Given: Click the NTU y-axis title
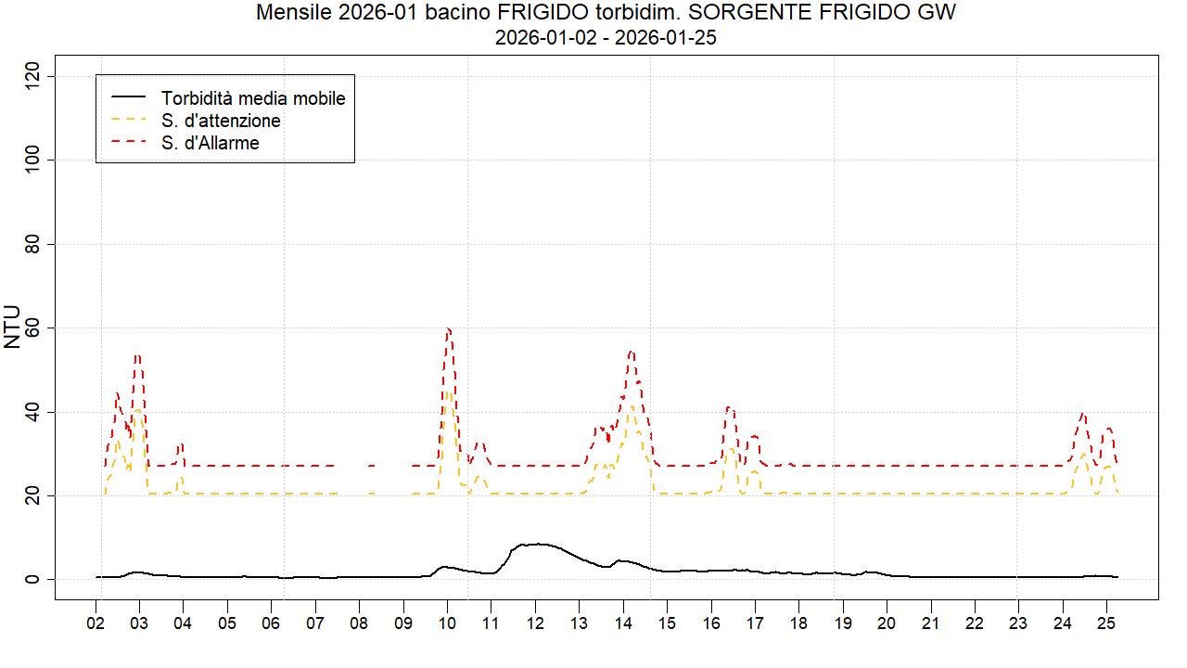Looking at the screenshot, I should [12, 327].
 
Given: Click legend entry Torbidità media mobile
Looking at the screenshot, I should [252, 97].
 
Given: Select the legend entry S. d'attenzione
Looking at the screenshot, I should [220, 121].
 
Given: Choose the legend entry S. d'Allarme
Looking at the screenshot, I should [210, 143].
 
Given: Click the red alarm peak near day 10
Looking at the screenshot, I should [448, 328].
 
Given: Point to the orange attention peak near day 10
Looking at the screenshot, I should [448, 392].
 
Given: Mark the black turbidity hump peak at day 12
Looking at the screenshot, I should [535, 544].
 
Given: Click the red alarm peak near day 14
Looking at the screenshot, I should [632, 351].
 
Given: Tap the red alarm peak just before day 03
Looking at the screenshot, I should [137, 355].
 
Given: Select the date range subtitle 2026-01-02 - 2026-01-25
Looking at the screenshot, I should [605, 38].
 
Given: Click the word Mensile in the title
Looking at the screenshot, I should [288, 14].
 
